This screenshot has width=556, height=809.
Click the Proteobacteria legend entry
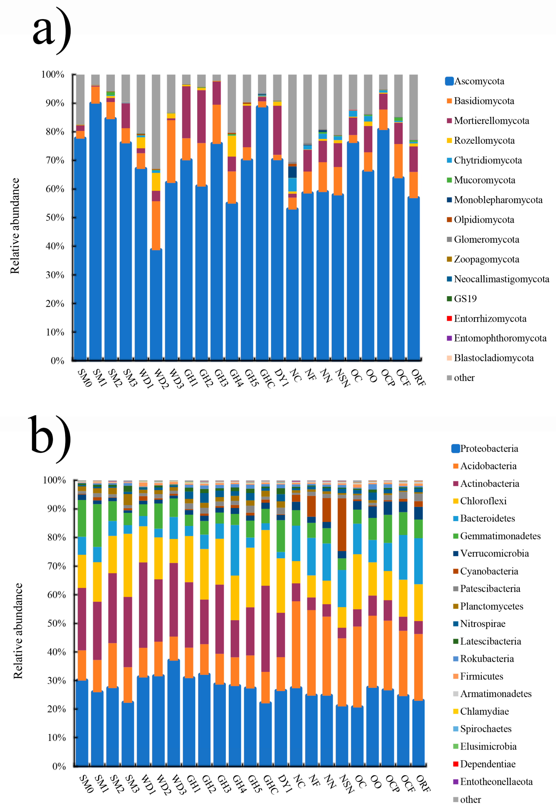click(485, 448)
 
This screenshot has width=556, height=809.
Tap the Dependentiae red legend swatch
click(456, 764)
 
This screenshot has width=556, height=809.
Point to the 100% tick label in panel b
click(54, 480)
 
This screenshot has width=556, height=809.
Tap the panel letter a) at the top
click(52, 31)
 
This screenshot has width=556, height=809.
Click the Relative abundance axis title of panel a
click(15, 226)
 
